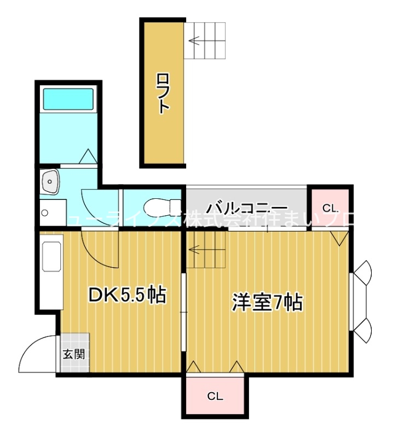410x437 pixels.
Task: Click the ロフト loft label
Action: tap(163, 93)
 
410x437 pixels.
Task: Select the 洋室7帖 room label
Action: tap(268, 302)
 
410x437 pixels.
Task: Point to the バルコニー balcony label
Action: tap(247, 208)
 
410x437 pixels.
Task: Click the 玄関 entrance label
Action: tap(73, 353)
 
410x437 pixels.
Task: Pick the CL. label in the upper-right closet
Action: tap(330, 208)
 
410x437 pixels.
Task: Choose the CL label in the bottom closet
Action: tap(215, 397)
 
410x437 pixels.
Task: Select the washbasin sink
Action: tap(51, 181)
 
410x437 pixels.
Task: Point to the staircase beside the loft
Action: tap(204, 40)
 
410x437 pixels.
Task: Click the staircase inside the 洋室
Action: tap(206, 249)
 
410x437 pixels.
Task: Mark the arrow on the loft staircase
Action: tap(194, 40)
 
